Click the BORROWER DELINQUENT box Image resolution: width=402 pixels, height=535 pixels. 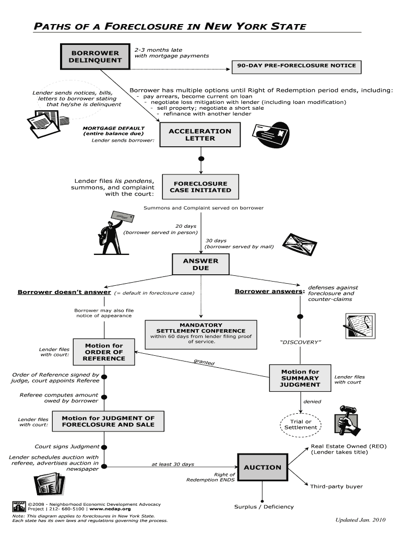tap(96, 56)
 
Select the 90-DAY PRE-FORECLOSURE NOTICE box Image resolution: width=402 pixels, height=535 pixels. tap(297, 66)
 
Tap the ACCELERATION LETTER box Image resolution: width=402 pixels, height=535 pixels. tap(200, 135)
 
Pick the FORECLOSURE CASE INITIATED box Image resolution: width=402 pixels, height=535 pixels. tap(200, 187)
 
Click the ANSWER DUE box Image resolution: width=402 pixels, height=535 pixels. tap(200, 264)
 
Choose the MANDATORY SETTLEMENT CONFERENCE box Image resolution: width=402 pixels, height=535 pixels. tap(201, 333)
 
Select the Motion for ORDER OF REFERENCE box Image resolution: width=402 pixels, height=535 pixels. tap(104, 352)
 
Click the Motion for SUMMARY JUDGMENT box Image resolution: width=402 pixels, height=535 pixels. tap(300, 378)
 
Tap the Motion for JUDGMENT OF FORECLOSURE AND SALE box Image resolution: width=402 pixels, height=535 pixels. tap(108, 422)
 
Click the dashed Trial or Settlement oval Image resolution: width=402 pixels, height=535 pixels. tap(301, 424)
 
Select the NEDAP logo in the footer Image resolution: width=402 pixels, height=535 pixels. tap(19, 506)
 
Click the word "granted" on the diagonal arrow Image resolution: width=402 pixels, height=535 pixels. tap(204, 362)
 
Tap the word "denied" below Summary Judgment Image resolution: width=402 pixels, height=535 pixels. tap(312, 402)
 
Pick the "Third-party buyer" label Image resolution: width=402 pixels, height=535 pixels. tap(336, 486)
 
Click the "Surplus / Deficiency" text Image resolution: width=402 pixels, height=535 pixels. tap(264, 506)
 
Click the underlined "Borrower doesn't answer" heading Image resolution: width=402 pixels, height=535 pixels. tap(64, 293)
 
